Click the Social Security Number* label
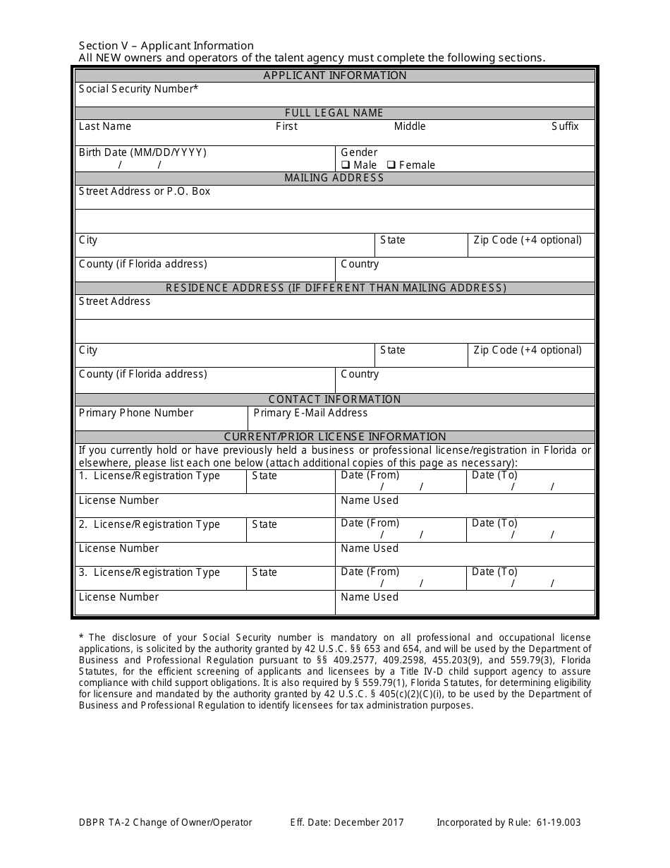point(138,89)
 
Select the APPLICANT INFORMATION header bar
point(335,76)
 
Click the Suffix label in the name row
point(565,126)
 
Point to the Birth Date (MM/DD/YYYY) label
point(142,152)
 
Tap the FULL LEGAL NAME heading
point(334,113)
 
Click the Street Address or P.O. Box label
point(145,191)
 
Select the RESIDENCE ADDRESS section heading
point(336,288)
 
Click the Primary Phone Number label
point(136,413)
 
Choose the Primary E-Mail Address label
point(310,413)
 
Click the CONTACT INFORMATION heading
point(334,399)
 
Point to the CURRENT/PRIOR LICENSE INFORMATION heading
point(335,437)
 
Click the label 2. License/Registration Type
point(150,524)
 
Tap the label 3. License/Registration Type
point(150,572)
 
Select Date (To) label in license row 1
point(494,475)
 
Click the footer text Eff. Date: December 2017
point(347,822)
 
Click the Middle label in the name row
point(410,126)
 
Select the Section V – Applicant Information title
point(166,46)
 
